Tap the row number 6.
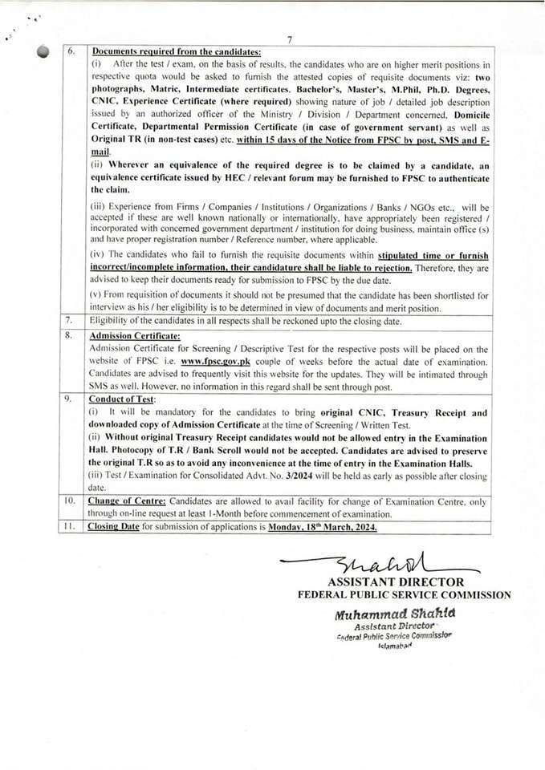71,51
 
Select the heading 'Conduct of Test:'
123,399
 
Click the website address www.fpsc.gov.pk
215,362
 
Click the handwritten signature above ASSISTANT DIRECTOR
369,564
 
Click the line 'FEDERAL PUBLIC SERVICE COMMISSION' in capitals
404,595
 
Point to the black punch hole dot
43,51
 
